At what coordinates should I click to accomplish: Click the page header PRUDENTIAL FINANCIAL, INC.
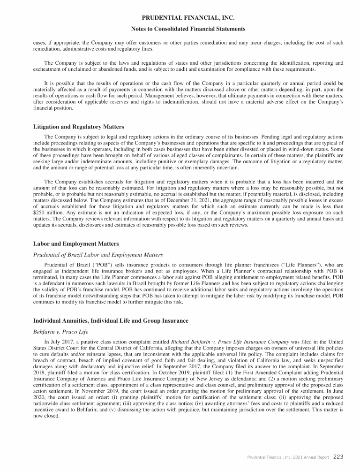coord(180,18)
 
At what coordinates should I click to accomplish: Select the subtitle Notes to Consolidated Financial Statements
coord(180,29)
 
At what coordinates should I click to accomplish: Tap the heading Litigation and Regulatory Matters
coord(79,127)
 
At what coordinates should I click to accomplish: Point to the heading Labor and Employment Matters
coord(76,244)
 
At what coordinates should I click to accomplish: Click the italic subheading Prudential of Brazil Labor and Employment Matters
coord(98,255)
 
